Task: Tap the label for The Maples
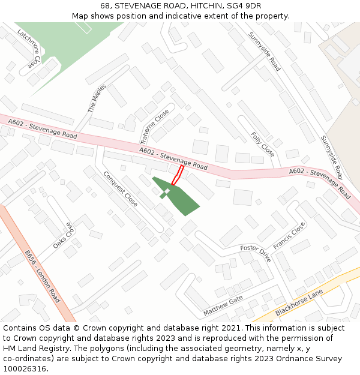pos(97,98)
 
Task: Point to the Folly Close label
pos(262,145)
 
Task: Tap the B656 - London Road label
pos(43,277)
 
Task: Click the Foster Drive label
pos(256,253)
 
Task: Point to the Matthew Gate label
pos(223,306)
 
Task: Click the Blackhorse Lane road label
pos(299,303)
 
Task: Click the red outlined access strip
pos(178,175)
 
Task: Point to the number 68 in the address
pos(106,6)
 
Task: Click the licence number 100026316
pos(25,369)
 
